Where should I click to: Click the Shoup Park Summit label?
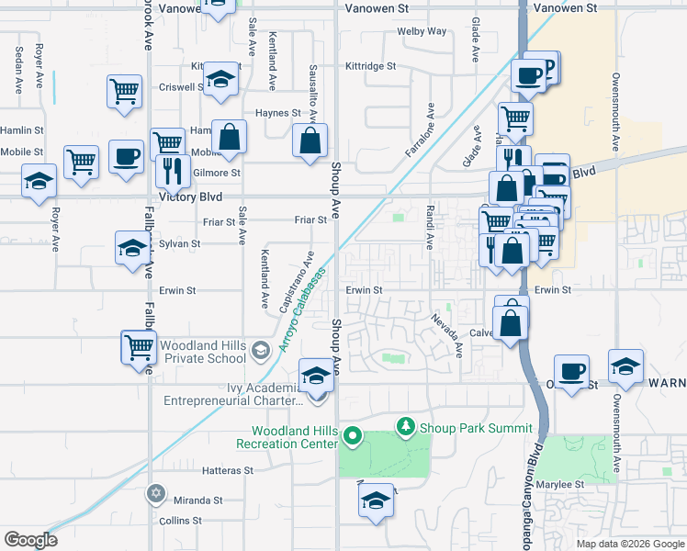pos(476,428)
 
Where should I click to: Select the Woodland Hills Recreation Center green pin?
pos(352,437)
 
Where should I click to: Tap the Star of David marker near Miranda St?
pos(156,494)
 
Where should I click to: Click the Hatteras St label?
pos(227,470)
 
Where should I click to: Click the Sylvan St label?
pos(179,243)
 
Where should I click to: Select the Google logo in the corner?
pos(30,540)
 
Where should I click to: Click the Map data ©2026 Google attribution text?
pos(630,544)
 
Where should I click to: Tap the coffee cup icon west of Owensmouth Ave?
pos(571,371)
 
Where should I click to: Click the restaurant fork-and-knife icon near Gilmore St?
pos(172,170)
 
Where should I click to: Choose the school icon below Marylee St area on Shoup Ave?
pos(375,500)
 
